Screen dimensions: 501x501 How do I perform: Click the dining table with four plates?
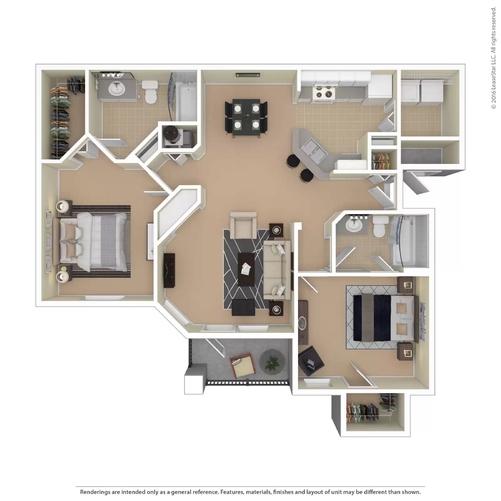click(x=246, y=117)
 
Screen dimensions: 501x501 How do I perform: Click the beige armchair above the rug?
click(x=243, y=225)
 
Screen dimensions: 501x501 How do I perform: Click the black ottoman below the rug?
click(x=244, y=307)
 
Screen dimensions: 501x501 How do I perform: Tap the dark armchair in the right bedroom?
click(x=311, y=361)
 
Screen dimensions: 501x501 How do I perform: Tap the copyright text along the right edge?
click(x=494, y=58)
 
